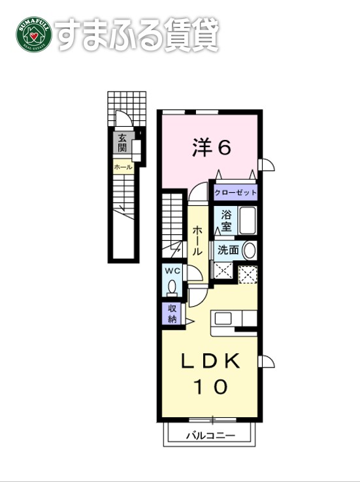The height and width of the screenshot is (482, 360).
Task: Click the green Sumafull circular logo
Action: tap(33, 37)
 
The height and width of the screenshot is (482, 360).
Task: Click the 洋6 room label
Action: tap(210, 149)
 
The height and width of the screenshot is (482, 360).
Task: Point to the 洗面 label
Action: tap(228, 250)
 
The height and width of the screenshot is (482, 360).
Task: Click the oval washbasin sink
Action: tap(249, 250)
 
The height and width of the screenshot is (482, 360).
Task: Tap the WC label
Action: tap(172, 271)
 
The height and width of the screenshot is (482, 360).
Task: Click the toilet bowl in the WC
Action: tap(172, 287)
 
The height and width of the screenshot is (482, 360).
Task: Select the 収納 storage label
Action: tap(172, 314)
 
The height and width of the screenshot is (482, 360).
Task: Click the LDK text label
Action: tap(210, 360)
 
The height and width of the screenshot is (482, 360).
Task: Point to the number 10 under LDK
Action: tap(210, 387)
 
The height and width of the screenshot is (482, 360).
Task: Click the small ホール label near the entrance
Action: tap(123, 167)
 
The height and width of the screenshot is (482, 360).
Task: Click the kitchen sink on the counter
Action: tap(223, 318)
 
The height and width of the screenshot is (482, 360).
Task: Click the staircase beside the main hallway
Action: tap(174, 219)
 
